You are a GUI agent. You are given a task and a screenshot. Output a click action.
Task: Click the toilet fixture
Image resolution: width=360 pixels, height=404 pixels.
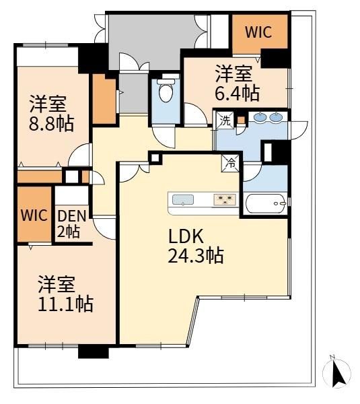point(165,90)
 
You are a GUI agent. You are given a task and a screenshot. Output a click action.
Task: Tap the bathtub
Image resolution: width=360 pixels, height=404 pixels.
point(266,203)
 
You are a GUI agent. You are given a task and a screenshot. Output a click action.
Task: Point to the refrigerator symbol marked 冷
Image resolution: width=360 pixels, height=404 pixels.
point(231,164)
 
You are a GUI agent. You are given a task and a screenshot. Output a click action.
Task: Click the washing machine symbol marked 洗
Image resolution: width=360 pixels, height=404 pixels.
point(225,121)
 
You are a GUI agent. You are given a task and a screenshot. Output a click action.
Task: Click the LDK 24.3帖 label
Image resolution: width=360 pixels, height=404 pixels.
point(196,246)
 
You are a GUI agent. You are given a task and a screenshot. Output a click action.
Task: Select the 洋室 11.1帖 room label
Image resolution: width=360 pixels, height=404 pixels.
point(66,294)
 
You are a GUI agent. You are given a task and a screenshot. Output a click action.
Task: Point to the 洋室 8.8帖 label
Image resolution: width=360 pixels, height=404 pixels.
point(51,113)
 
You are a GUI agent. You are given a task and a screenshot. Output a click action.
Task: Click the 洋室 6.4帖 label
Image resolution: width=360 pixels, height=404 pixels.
point(237,83)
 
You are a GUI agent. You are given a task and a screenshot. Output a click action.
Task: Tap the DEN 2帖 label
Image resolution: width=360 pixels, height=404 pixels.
point(71,224)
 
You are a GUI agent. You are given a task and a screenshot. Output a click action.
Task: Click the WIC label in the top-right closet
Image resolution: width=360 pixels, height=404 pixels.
point(258,32)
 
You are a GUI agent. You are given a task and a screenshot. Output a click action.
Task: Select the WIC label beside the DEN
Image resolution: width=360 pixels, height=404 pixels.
point(34,215)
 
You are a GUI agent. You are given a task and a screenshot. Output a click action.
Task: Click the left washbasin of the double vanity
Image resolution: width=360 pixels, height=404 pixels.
point(260,117)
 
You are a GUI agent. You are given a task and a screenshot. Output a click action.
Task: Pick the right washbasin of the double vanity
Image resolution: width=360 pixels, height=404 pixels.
point(276,117)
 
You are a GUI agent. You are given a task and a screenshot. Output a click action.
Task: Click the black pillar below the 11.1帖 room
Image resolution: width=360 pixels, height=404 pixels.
point(94,351)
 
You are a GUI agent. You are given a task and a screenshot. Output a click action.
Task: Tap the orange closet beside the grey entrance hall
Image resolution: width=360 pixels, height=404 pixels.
point(104,99)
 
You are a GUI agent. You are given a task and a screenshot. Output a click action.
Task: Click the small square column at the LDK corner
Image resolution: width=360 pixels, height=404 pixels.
point(155,158)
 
